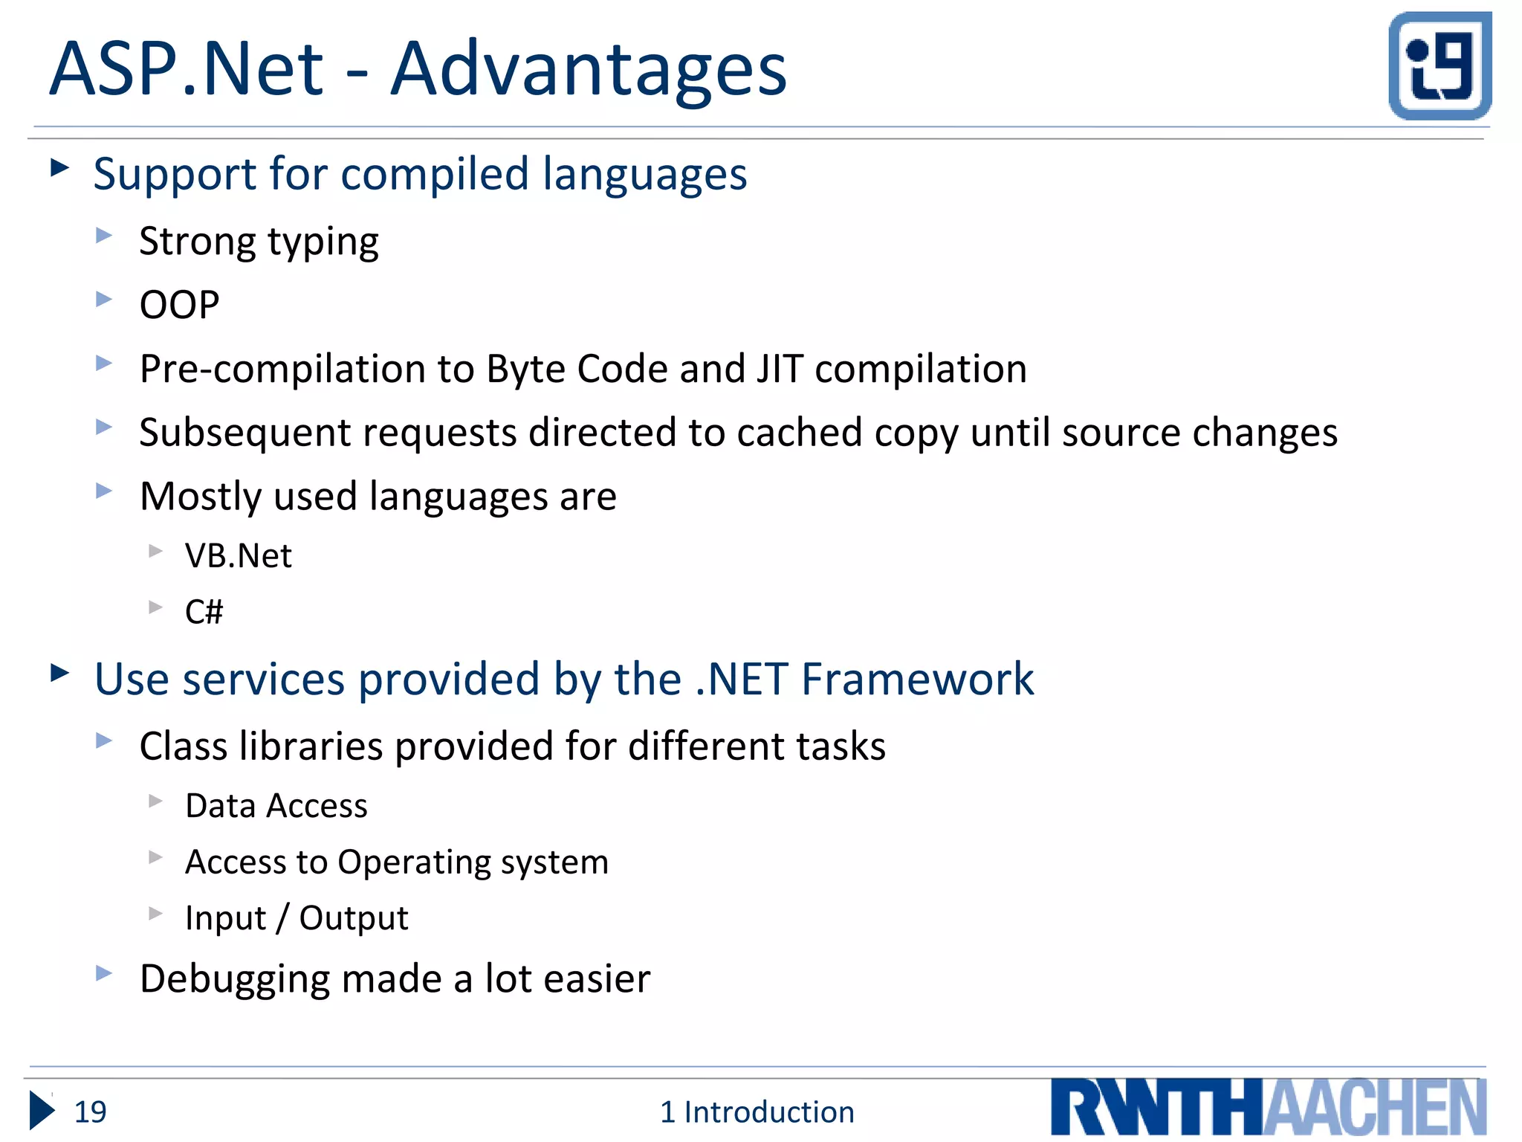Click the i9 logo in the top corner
click(1440, 65)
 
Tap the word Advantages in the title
click(588, 69)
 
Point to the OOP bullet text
click(179, 305)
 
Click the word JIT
click(780, 369)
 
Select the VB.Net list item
click(238, 555)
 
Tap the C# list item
click(204, 612)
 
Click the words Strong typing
click(259, 242)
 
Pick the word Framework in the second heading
click(917, 679)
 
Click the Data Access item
click(276, 806)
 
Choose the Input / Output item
click(296, 918)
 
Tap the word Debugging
click(234, 979)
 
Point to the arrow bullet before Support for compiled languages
click(59, 168)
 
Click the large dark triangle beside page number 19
click(42, 1112)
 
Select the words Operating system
click(473, 862)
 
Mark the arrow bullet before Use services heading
click(59, 673)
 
